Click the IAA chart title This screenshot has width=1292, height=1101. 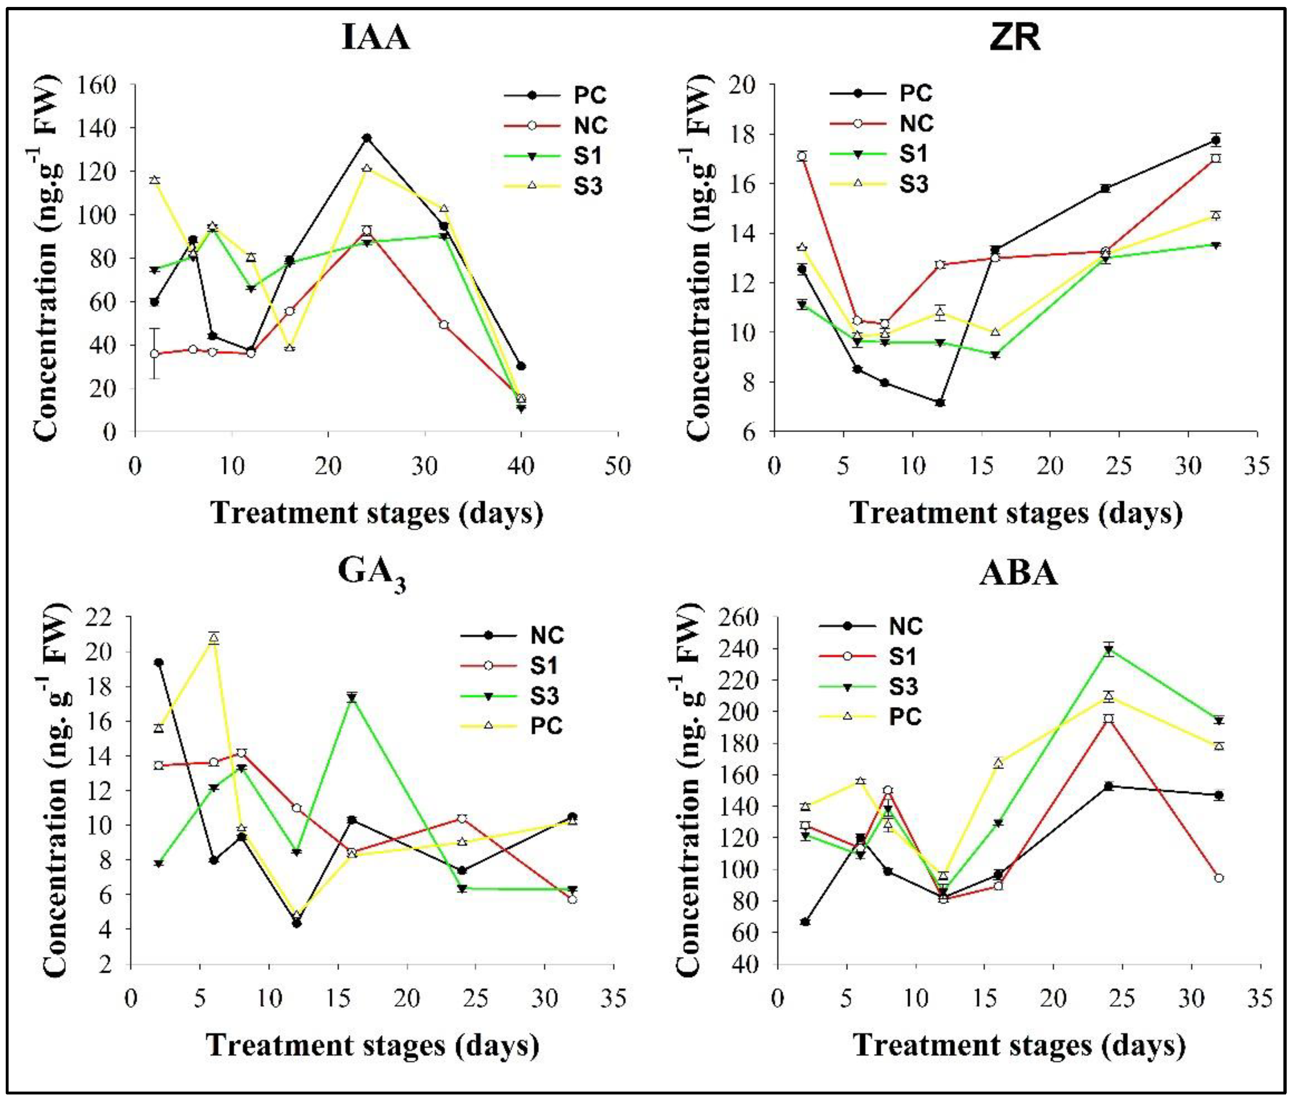coord(376,37)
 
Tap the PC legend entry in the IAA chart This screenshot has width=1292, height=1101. coord(589,95)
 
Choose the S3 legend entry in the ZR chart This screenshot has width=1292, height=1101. coord(913,184)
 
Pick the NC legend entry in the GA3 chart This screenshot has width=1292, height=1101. coord(547,635)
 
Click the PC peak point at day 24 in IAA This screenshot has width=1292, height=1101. coord(367,138)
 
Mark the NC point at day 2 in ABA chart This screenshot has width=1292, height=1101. coord(805,921)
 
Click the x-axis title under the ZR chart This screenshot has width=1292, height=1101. coord(1017,513)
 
